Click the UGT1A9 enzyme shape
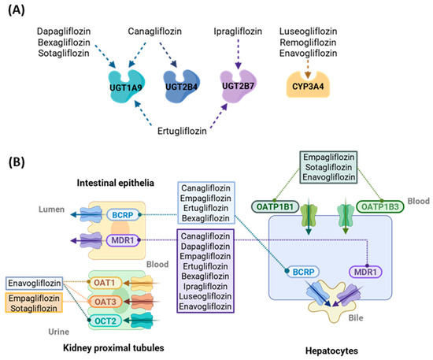pos(127,86)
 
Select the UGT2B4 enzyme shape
pos(181,86)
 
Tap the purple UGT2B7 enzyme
pos(238,86)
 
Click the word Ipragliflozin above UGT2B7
pos(238,32)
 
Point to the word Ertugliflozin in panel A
pos(182,131)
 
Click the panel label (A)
pos(17,10)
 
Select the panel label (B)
pos(17,162)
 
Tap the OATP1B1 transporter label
pos(275,206)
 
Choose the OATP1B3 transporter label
pos(380,206)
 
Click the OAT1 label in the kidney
pos(104,283)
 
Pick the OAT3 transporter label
pos(105,302)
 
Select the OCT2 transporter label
pos(105,321)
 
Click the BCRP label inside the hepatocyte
pos(303,272)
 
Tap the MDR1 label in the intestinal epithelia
pos(123,240)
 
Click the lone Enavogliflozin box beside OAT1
pos(34,283)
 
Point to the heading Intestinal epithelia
pos(116,183)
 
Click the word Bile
pos(356,317)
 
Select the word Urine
pos(59,332)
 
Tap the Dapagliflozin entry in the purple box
pos(205,246)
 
